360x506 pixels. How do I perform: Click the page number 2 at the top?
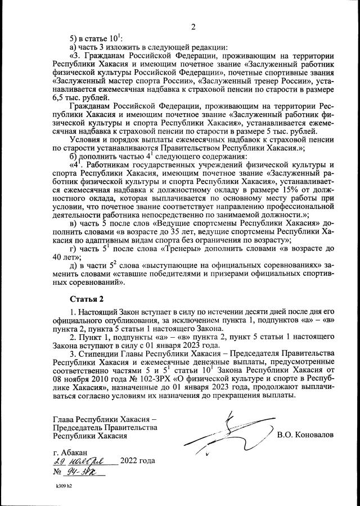[x=192, y=26]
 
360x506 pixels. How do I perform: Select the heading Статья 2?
[x=86, y=297]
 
